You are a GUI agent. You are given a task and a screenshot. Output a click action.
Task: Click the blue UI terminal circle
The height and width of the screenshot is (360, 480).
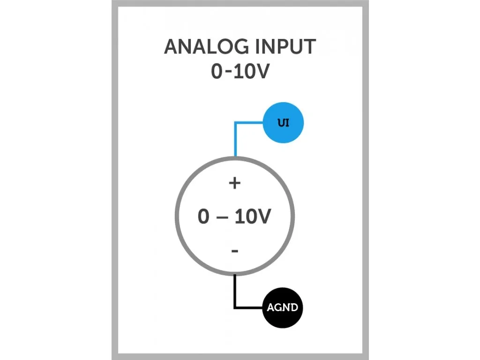point(283,124)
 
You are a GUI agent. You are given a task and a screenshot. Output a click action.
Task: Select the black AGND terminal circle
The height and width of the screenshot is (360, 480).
point(282,308)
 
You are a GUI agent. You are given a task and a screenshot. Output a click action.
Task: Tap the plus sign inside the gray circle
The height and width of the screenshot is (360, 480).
point(234,183)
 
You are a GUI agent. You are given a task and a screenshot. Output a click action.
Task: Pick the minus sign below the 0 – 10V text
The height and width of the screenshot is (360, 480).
point(235,252)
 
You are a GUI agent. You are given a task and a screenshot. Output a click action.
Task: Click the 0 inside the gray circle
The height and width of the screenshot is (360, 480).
point(203,217)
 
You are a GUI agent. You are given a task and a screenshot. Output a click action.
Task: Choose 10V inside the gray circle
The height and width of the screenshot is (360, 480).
point(252,217)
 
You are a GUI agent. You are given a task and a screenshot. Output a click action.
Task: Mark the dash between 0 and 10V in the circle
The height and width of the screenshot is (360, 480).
point(223,218)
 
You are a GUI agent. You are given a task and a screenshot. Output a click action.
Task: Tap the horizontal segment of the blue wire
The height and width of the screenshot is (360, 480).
point(249,123)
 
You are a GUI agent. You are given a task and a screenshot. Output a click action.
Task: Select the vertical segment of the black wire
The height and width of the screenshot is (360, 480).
point(235,291)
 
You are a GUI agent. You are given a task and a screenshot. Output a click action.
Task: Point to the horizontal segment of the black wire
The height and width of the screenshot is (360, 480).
point(249,307)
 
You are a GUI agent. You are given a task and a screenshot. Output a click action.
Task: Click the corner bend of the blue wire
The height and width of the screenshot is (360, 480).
point(235,124)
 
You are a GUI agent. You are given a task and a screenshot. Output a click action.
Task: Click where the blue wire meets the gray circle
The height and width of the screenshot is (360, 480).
point(235,157)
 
